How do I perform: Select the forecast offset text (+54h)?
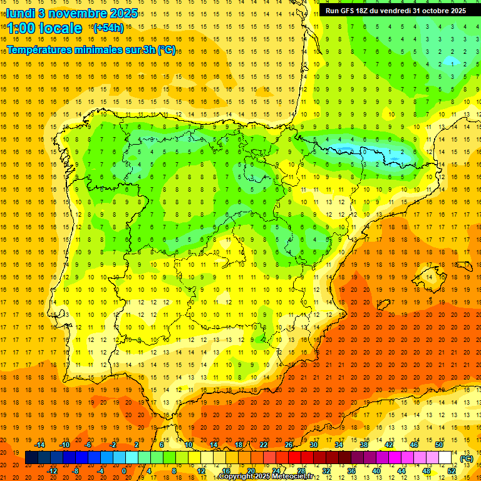tap(108, 28)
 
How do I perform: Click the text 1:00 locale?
tap(44, 28)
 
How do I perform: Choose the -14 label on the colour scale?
tap(41, 445)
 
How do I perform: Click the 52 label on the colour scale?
tap(452, 471)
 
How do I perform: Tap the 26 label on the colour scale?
tap(289, 445)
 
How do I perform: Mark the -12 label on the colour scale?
tap(53, 471)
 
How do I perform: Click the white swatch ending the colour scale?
tap(445, 458)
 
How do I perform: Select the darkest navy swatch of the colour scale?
tap(32, 458)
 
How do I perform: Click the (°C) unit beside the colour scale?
tap(466, 458)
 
